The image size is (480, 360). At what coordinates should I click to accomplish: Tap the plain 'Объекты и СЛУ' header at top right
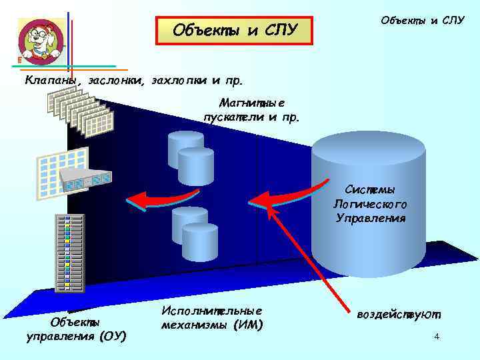point(422,20)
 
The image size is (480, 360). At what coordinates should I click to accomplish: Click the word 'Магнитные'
point(251,103)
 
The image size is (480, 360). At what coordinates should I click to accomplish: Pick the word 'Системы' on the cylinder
point(370,190)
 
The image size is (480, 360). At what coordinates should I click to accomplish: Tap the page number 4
point(436,337)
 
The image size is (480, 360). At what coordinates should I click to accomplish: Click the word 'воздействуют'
point(399,314)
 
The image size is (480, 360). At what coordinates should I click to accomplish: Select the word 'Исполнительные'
point(212,311)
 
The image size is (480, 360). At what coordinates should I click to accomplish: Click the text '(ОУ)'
point(111,335)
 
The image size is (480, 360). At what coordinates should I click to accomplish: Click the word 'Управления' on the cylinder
point(371,218)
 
